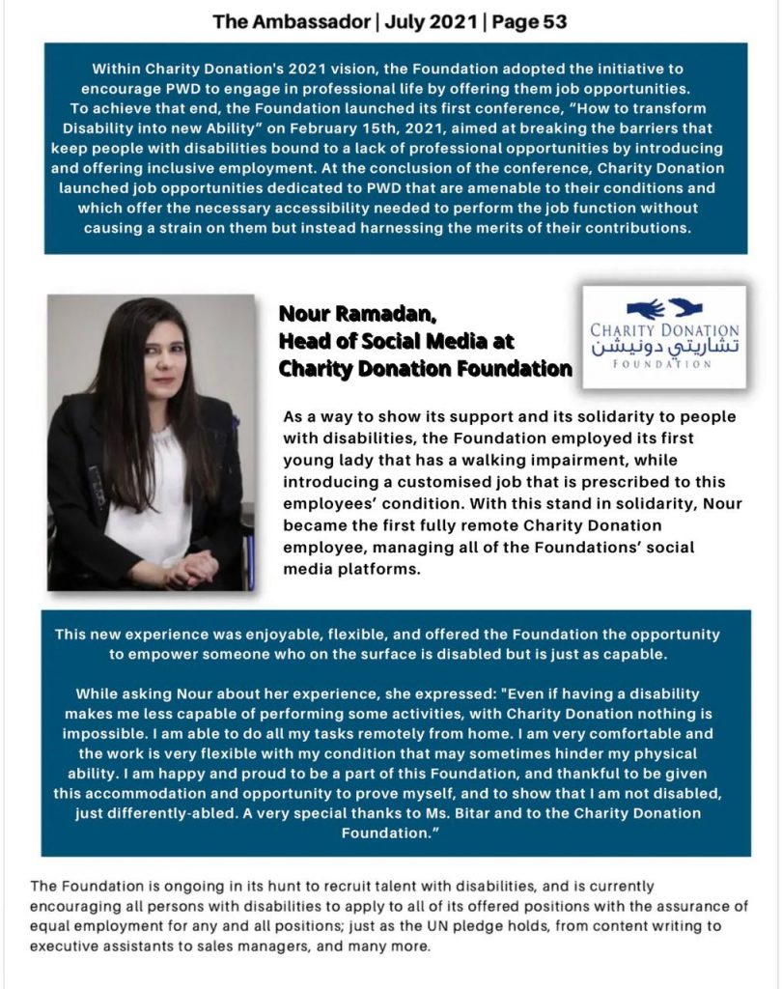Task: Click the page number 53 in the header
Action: click(x=551, y=20)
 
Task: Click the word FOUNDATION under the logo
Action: click(x=663, y=364)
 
